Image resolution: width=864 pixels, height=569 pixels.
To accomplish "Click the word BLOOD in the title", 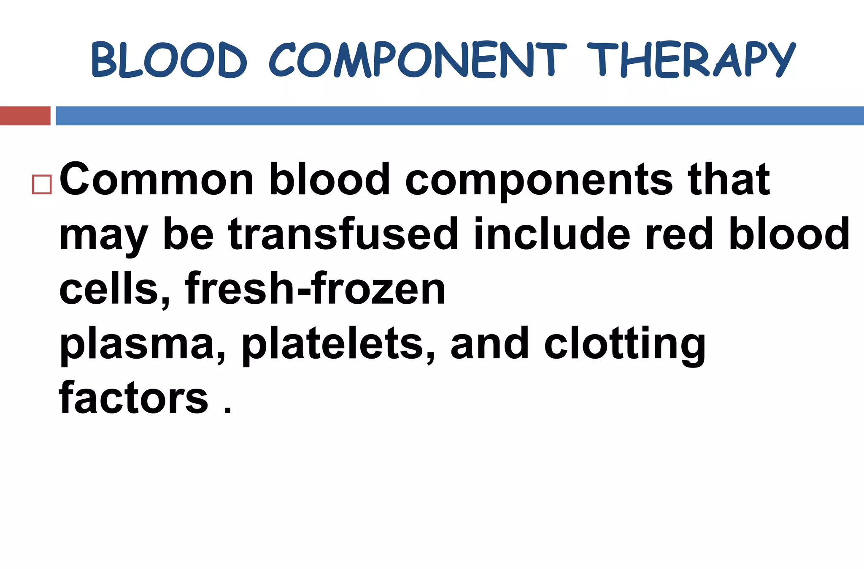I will (x=169, y=60).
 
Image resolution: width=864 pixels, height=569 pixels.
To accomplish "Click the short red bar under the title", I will (x=25, y=116).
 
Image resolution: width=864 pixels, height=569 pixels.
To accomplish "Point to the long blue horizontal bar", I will (x=459, y=116).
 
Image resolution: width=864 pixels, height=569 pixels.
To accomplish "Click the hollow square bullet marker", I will (x=41, y=184).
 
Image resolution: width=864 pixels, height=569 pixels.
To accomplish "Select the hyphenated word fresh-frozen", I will (x=315, y=288).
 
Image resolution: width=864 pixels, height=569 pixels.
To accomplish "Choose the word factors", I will (x=133, y=397).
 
